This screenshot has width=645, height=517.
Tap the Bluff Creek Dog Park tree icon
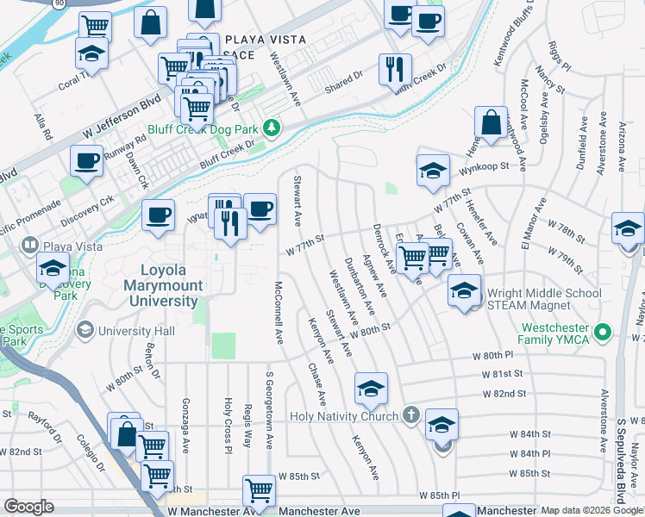[x=273, y=128]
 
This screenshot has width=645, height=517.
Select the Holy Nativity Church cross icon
[x=410, y=416]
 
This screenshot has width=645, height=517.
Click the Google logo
[x=28, y=507]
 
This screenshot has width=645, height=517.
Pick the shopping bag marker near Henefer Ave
[x=491, y=122]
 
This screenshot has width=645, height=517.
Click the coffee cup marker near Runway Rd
[x=86, y=160]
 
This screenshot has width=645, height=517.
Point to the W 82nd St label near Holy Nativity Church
[x=504, y=394]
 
